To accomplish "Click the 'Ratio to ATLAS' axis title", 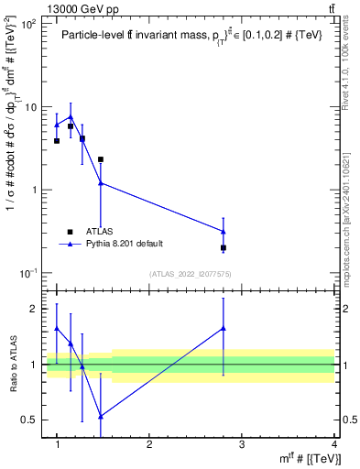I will pos(13,364).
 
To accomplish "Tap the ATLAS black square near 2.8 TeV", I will pos(224,247).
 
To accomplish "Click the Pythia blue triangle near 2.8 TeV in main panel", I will pos(224,231).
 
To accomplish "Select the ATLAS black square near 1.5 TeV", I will pos(101,159).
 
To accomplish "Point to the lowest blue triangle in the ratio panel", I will pos(101,416).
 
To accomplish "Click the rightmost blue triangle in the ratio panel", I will pos(224,328).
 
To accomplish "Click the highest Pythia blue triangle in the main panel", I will pos(71,116).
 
